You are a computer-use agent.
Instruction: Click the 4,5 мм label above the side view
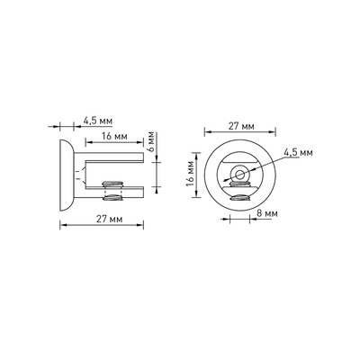point(98,121)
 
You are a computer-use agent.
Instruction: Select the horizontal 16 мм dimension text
point(114,137)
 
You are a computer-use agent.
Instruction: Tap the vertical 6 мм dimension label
point(151,141)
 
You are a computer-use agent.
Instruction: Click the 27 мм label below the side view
point(109,220)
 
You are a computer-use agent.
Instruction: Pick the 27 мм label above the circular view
point(241,126)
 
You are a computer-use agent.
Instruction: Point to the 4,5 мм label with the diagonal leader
point(298,152)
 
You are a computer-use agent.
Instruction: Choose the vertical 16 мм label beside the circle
point(190,175)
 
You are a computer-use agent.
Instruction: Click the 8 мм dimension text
point(267,213)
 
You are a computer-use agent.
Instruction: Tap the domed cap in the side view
point(67,175)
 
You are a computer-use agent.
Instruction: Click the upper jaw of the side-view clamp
point(114,157)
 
